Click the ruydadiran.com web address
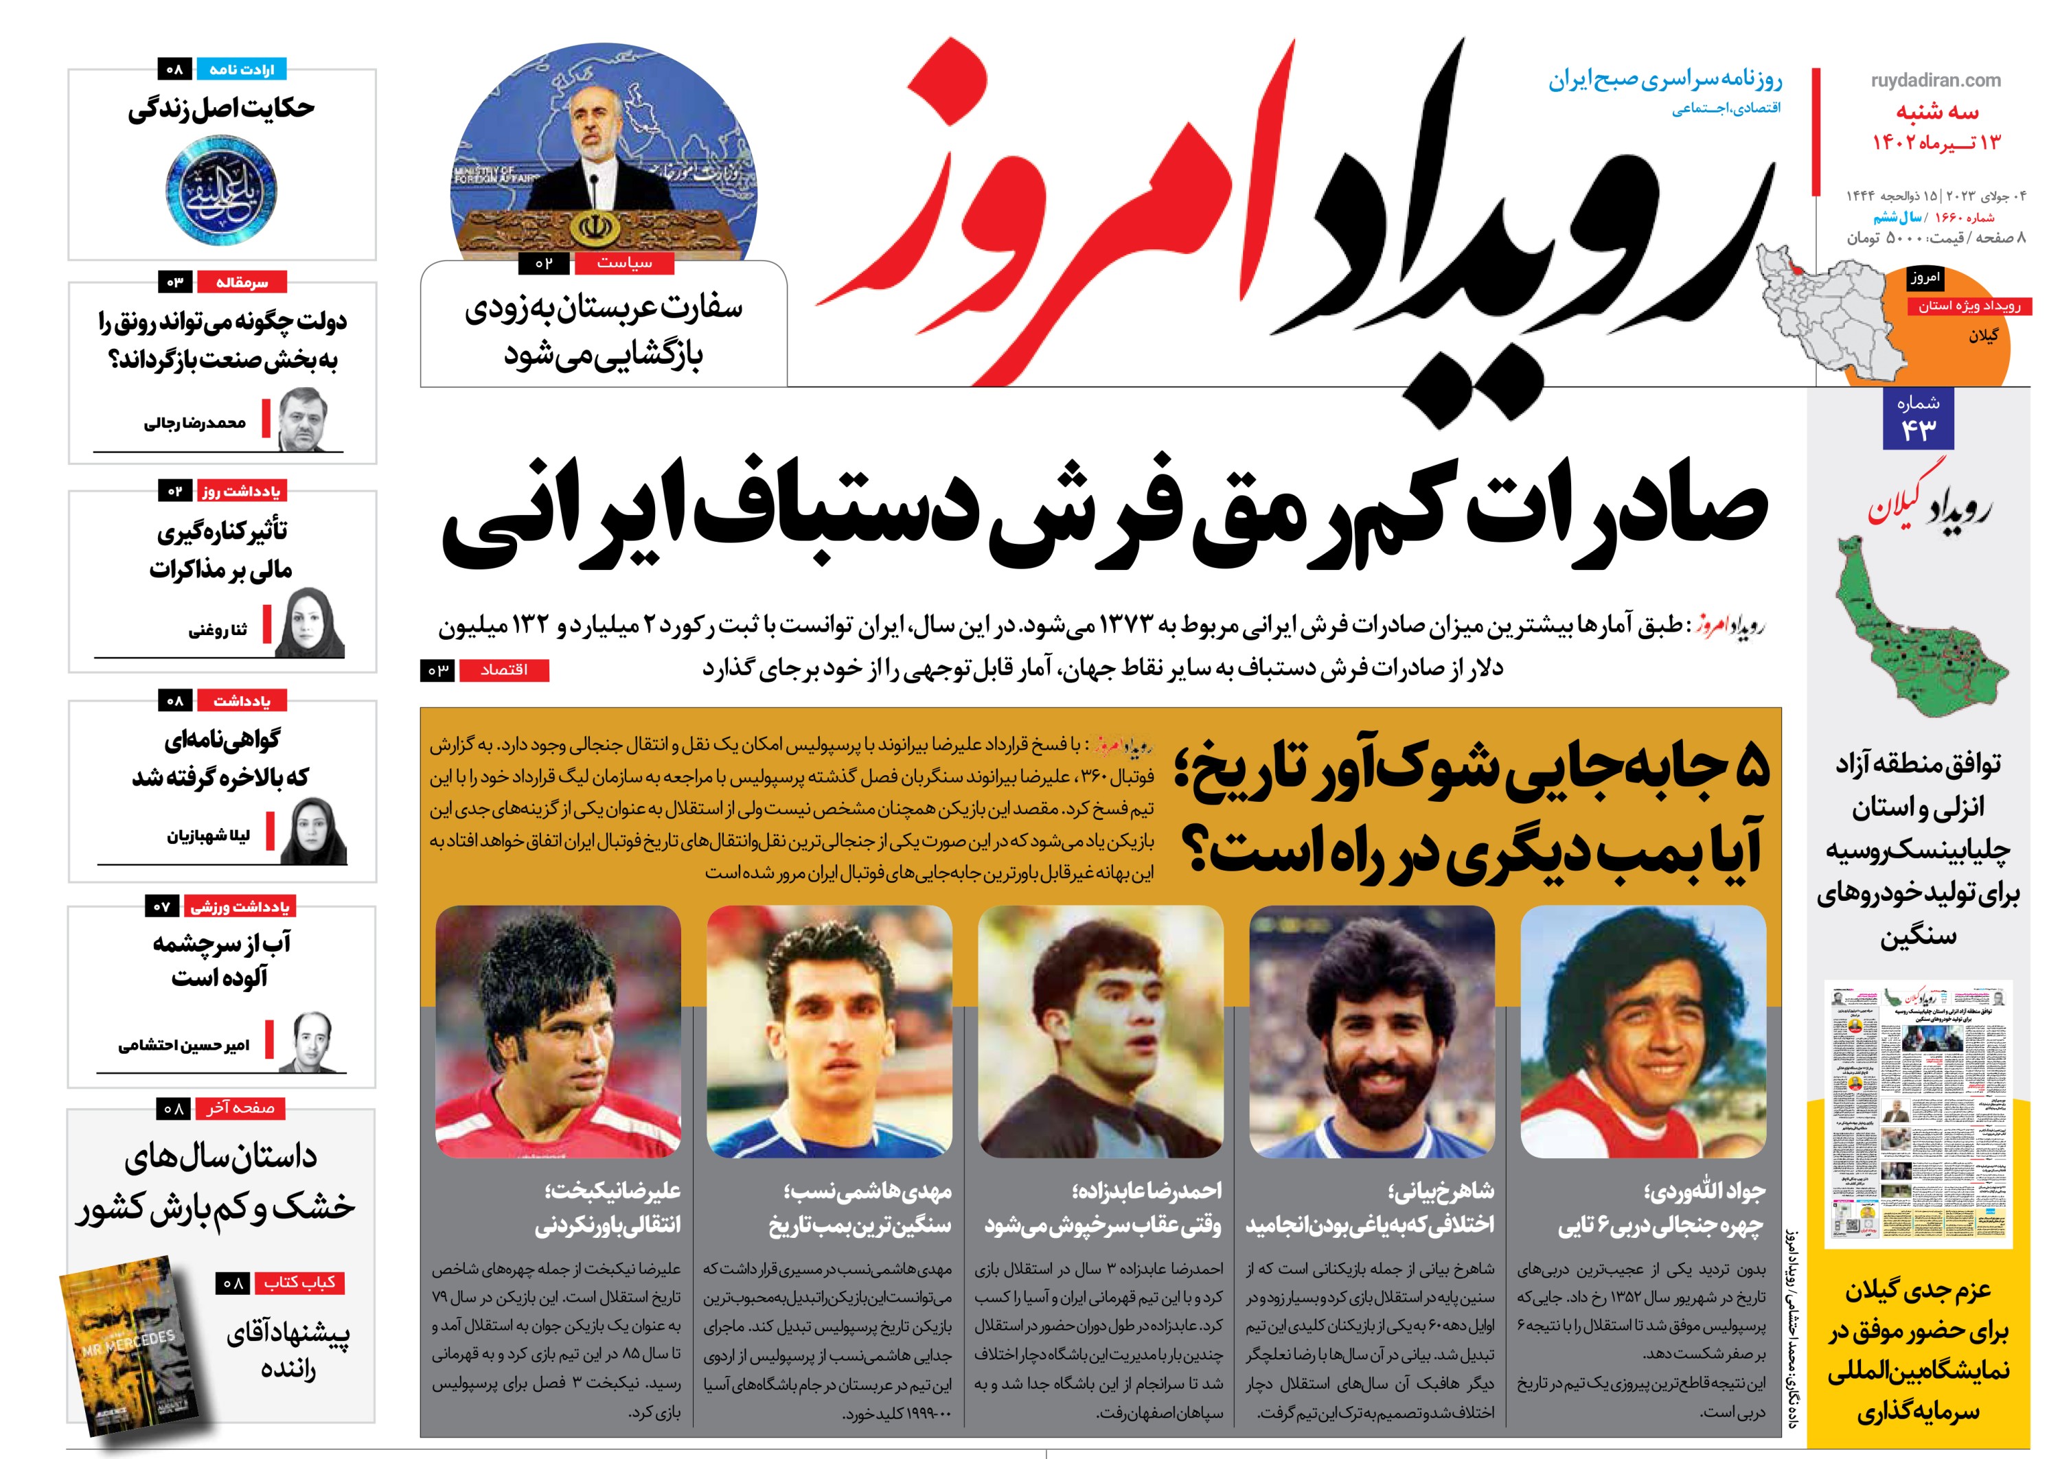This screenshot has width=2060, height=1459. tap(1935, 80)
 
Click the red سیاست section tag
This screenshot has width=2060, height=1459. tap(624, 262)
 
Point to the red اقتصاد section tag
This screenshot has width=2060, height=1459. tap(504, 670)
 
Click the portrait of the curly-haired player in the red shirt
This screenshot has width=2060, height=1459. tap(1643, 1031)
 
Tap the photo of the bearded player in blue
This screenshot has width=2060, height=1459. tap(1371, 1031)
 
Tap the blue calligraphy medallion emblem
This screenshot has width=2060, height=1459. tap(220, 192)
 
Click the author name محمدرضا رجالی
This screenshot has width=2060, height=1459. tap(195, 423)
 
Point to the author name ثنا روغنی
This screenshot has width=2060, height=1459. tap(218, 631)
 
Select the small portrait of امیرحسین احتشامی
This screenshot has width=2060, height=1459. tap(312, 1042)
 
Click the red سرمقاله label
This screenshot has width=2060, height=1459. tap(241, 283)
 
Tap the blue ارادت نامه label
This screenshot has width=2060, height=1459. tap(241, 69)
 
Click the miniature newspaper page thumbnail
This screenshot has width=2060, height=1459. tap(1917, 1114)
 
